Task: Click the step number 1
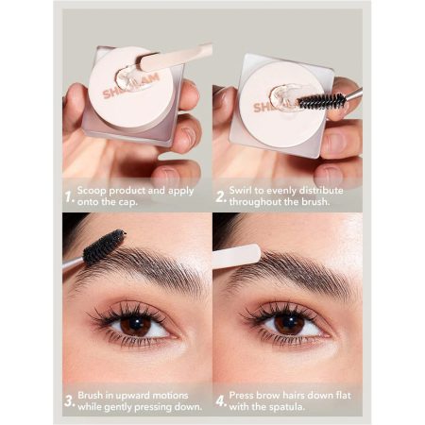click(69, 197)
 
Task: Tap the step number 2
click(221, 197)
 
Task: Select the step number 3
click(70, 401)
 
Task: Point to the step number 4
click(221, 401)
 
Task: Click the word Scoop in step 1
click(92, 191)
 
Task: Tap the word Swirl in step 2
click(240, 191)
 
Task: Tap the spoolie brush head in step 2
click(321, 101)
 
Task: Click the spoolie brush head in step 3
click(104, 246)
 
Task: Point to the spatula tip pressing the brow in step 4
click(252, 254)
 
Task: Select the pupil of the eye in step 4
click(290, 321)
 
